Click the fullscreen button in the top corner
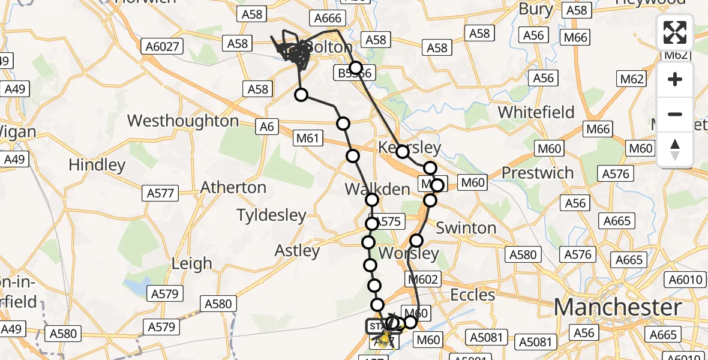click(675, 32)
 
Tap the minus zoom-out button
click(675, 114)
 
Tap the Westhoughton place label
click(183, 121)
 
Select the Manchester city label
click(617, 307)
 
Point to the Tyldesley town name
click(271, 215)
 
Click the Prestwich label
click(538, 173)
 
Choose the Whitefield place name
click(536, 112)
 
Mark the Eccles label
click(473, 295)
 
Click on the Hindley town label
click(97, 164)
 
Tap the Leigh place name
click(191, 263)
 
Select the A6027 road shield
click(163, 46)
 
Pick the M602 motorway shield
click(424, 279)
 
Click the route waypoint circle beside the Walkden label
click(372, 200)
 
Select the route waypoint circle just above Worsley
click(416, 241)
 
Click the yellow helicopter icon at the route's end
click(382, 340)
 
